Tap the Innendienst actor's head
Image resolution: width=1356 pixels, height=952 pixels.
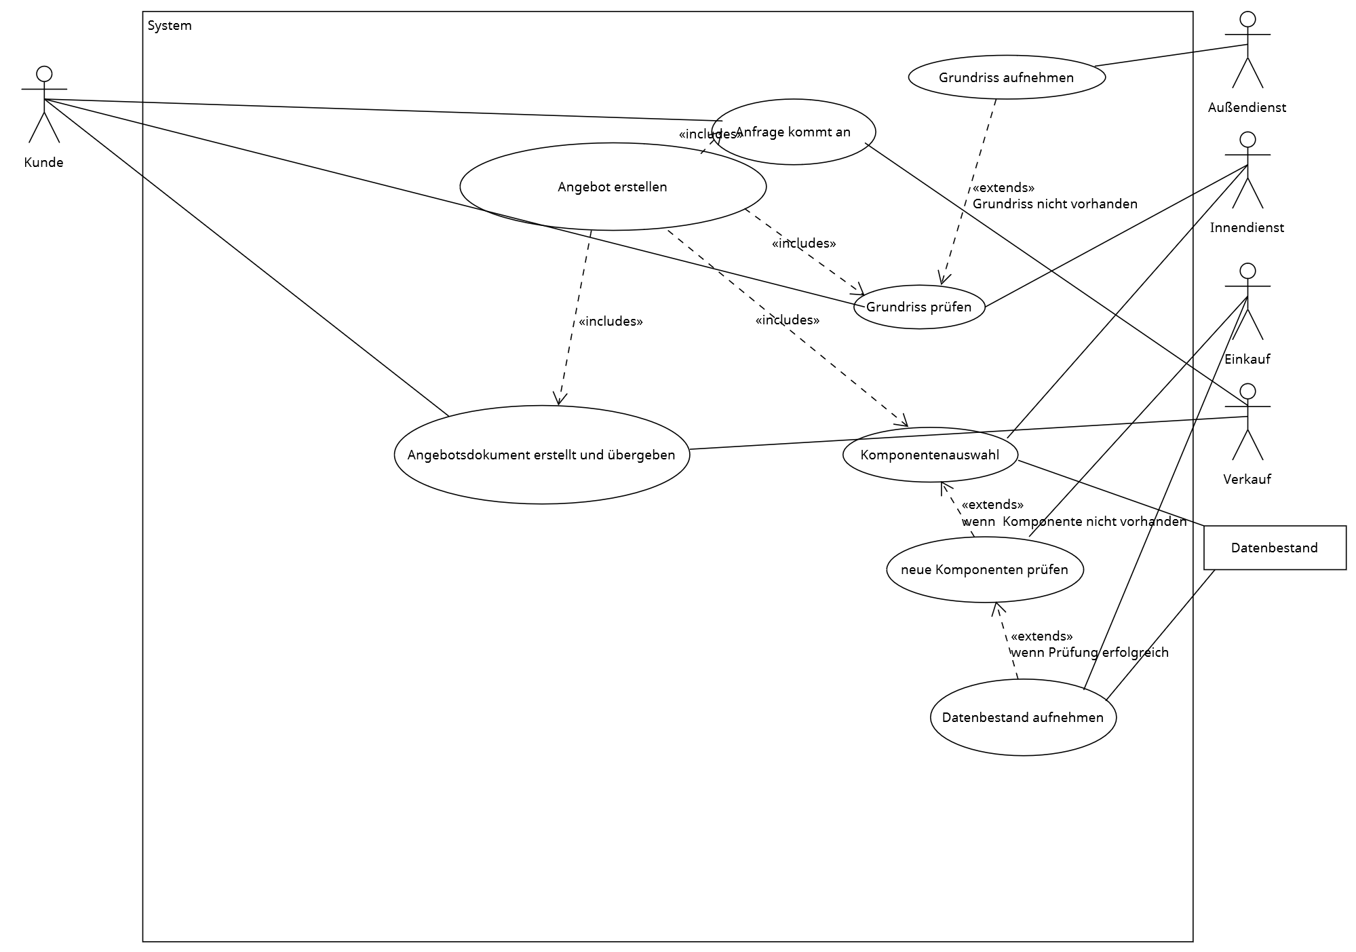(1247, 140)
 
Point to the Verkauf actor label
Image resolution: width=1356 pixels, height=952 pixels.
(1247, 479)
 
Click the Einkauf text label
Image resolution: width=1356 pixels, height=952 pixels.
(1247, 359)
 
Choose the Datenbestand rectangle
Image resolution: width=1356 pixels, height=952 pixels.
(1274, 548)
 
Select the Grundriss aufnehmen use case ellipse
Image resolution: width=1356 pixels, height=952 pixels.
(1006, 77)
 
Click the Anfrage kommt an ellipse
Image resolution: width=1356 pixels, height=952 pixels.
(793, 132)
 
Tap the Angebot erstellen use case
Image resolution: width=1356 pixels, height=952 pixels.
(613, 187)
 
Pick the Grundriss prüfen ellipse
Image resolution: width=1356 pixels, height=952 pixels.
(918, 307)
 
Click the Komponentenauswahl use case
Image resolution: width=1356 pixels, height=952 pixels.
(929, 455)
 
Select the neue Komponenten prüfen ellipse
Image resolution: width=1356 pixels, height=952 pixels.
(984, 569)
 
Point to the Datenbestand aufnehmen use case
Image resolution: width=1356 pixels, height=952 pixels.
(1023, 717)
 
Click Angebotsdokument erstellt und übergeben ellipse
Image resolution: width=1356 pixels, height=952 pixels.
(541, 455)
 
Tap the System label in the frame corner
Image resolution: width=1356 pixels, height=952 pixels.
(170, 26)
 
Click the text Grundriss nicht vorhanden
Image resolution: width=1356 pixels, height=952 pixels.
(1055, 204)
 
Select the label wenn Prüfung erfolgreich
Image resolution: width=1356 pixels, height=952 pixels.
(1089, 652)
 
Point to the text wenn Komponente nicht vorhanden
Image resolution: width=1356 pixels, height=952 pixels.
(1074, 521)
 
